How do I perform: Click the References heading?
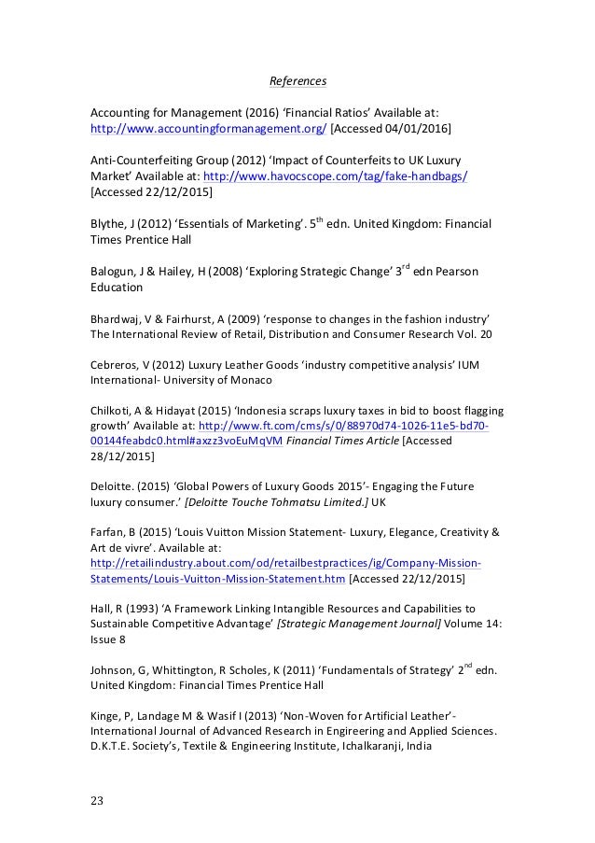pos(297,83)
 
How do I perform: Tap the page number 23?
pos(96,799)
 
